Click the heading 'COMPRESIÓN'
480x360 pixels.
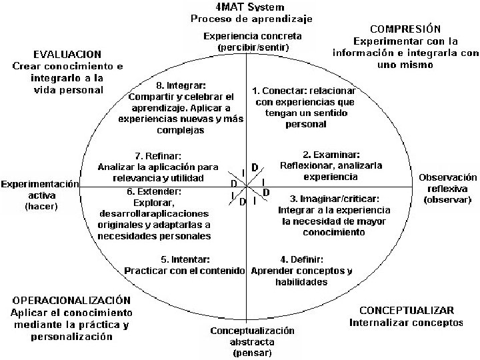point(405,29)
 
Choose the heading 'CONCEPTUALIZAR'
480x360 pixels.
point(406,311)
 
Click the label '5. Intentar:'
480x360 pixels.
point(185,259)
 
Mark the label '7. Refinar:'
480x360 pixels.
point(157,155)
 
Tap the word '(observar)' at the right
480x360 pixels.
point(447,199)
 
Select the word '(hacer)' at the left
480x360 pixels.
point(41,207)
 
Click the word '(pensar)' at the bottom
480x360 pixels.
point(251,353)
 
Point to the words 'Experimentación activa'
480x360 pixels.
point(40,189)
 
